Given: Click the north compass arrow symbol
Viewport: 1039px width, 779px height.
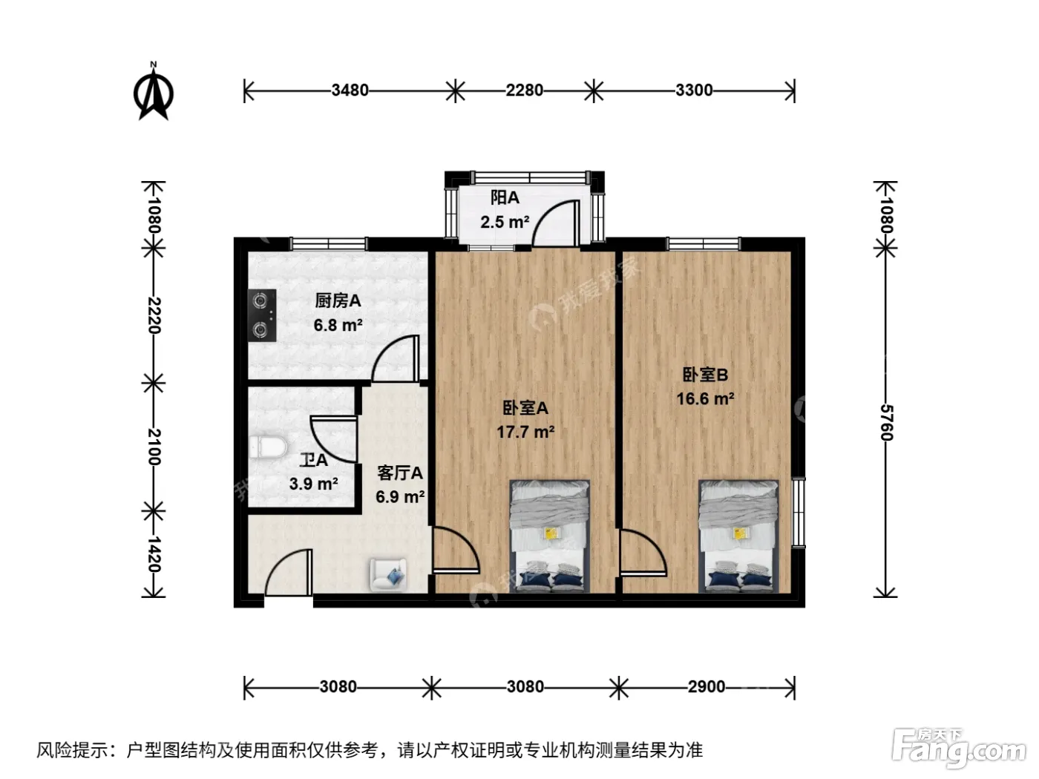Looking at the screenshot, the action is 154,91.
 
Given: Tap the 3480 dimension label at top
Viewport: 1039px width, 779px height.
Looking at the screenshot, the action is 350,90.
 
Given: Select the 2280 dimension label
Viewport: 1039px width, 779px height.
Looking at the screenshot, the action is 524,90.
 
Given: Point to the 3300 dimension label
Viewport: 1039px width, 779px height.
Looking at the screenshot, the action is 693,90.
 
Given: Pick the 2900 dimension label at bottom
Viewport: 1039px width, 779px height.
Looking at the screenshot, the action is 706,686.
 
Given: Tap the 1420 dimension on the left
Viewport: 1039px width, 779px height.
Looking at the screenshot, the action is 154,554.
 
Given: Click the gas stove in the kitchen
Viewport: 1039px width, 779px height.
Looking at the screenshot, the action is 262,315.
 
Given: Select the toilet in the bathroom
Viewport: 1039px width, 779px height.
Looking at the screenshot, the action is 267,447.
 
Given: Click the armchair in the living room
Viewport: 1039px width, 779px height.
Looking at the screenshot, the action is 388,575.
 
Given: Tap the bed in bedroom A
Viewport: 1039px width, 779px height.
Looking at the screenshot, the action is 550,536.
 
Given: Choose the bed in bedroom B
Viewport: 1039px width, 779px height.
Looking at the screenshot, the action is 738,536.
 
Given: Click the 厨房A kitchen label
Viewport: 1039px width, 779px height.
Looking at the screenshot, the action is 338,300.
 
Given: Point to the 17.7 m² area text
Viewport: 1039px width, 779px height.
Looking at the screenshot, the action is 525,432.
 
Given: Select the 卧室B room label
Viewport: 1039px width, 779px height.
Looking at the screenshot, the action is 705,375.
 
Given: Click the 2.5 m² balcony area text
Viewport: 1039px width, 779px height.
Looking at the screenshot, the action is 505,222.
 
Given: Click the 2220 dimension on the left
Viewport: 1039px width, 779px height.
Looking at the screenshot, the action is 154,315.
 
